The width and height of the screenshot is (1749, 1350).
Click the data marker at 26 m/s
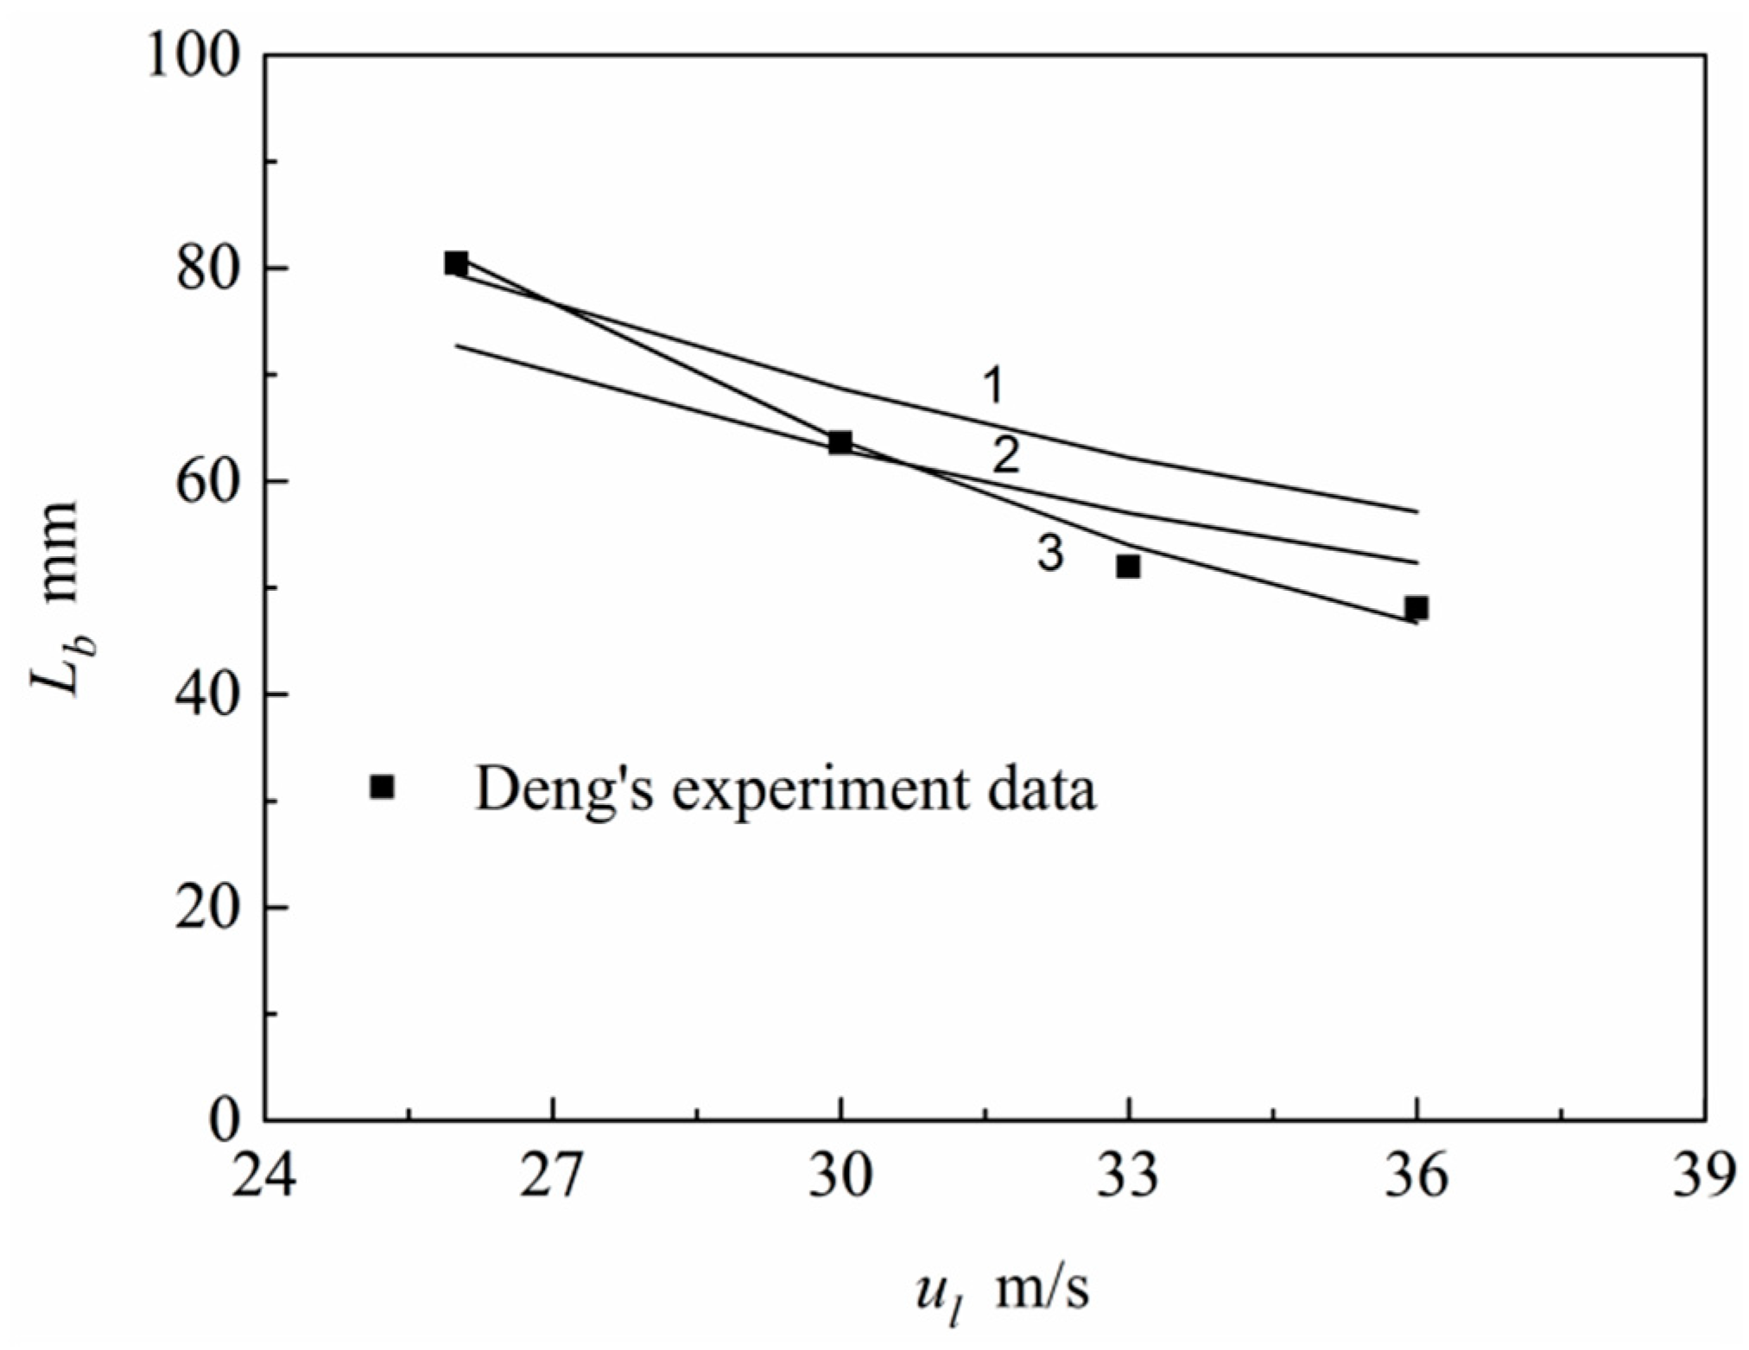[456, 263]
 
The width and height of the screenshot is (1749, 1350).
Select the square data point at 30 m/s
[840, 443]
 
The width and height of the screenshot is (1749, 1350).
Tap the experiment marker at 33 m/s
[1128, 567]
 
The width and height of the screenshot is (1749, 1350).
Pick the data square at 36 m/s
[1416, 608]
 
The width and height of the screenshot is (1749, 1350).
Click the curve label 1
[994, 385]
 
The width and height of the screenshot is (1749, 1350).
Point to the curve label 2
[1005, 455]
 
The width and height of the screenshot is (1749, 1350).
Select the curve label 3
[1049, 553]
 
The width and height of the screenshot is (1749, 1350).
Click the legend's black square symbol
[382, 787]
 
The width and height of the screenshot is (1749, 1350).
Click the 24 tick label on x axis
[263, 1176]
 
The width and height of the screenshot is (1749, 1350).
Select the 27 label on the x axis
[552, 1176]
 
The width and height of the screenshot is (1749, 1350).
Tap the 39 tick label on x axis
[1703, 1176]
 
